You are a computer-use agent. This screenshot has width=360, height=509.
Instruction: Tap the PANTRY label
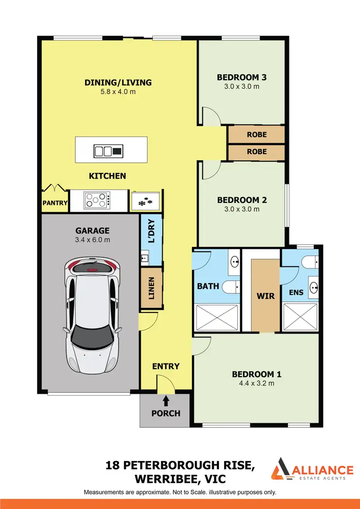tap(55, 203)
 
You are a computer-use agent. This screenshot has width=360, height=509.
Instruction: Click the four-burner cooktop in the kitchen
tap(97, 200)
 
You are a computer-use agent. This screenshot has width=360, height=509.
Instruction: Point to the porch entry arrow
tap(166, 400)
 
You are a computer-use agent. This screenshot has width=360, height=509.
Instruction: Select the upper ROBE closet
tap(256, 135)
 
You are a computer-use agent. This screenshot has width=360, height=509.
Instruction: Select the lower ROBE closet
tap(256, 152)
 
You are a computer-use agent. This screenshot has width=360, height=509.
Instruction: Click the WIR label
tap(265, 296)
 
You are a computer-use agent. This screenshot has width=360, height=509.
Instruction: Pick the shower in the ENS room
tap(300, 319)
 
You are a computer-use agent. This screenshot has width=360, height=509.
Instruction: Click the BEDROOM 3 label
tap(241, 77)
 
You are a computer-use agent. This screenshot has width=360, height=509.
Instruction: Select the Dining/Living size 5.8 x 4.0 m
tap(118, 92)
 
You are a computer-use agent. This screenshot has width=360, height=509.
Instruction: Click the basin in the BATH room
tap(235, 262)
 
